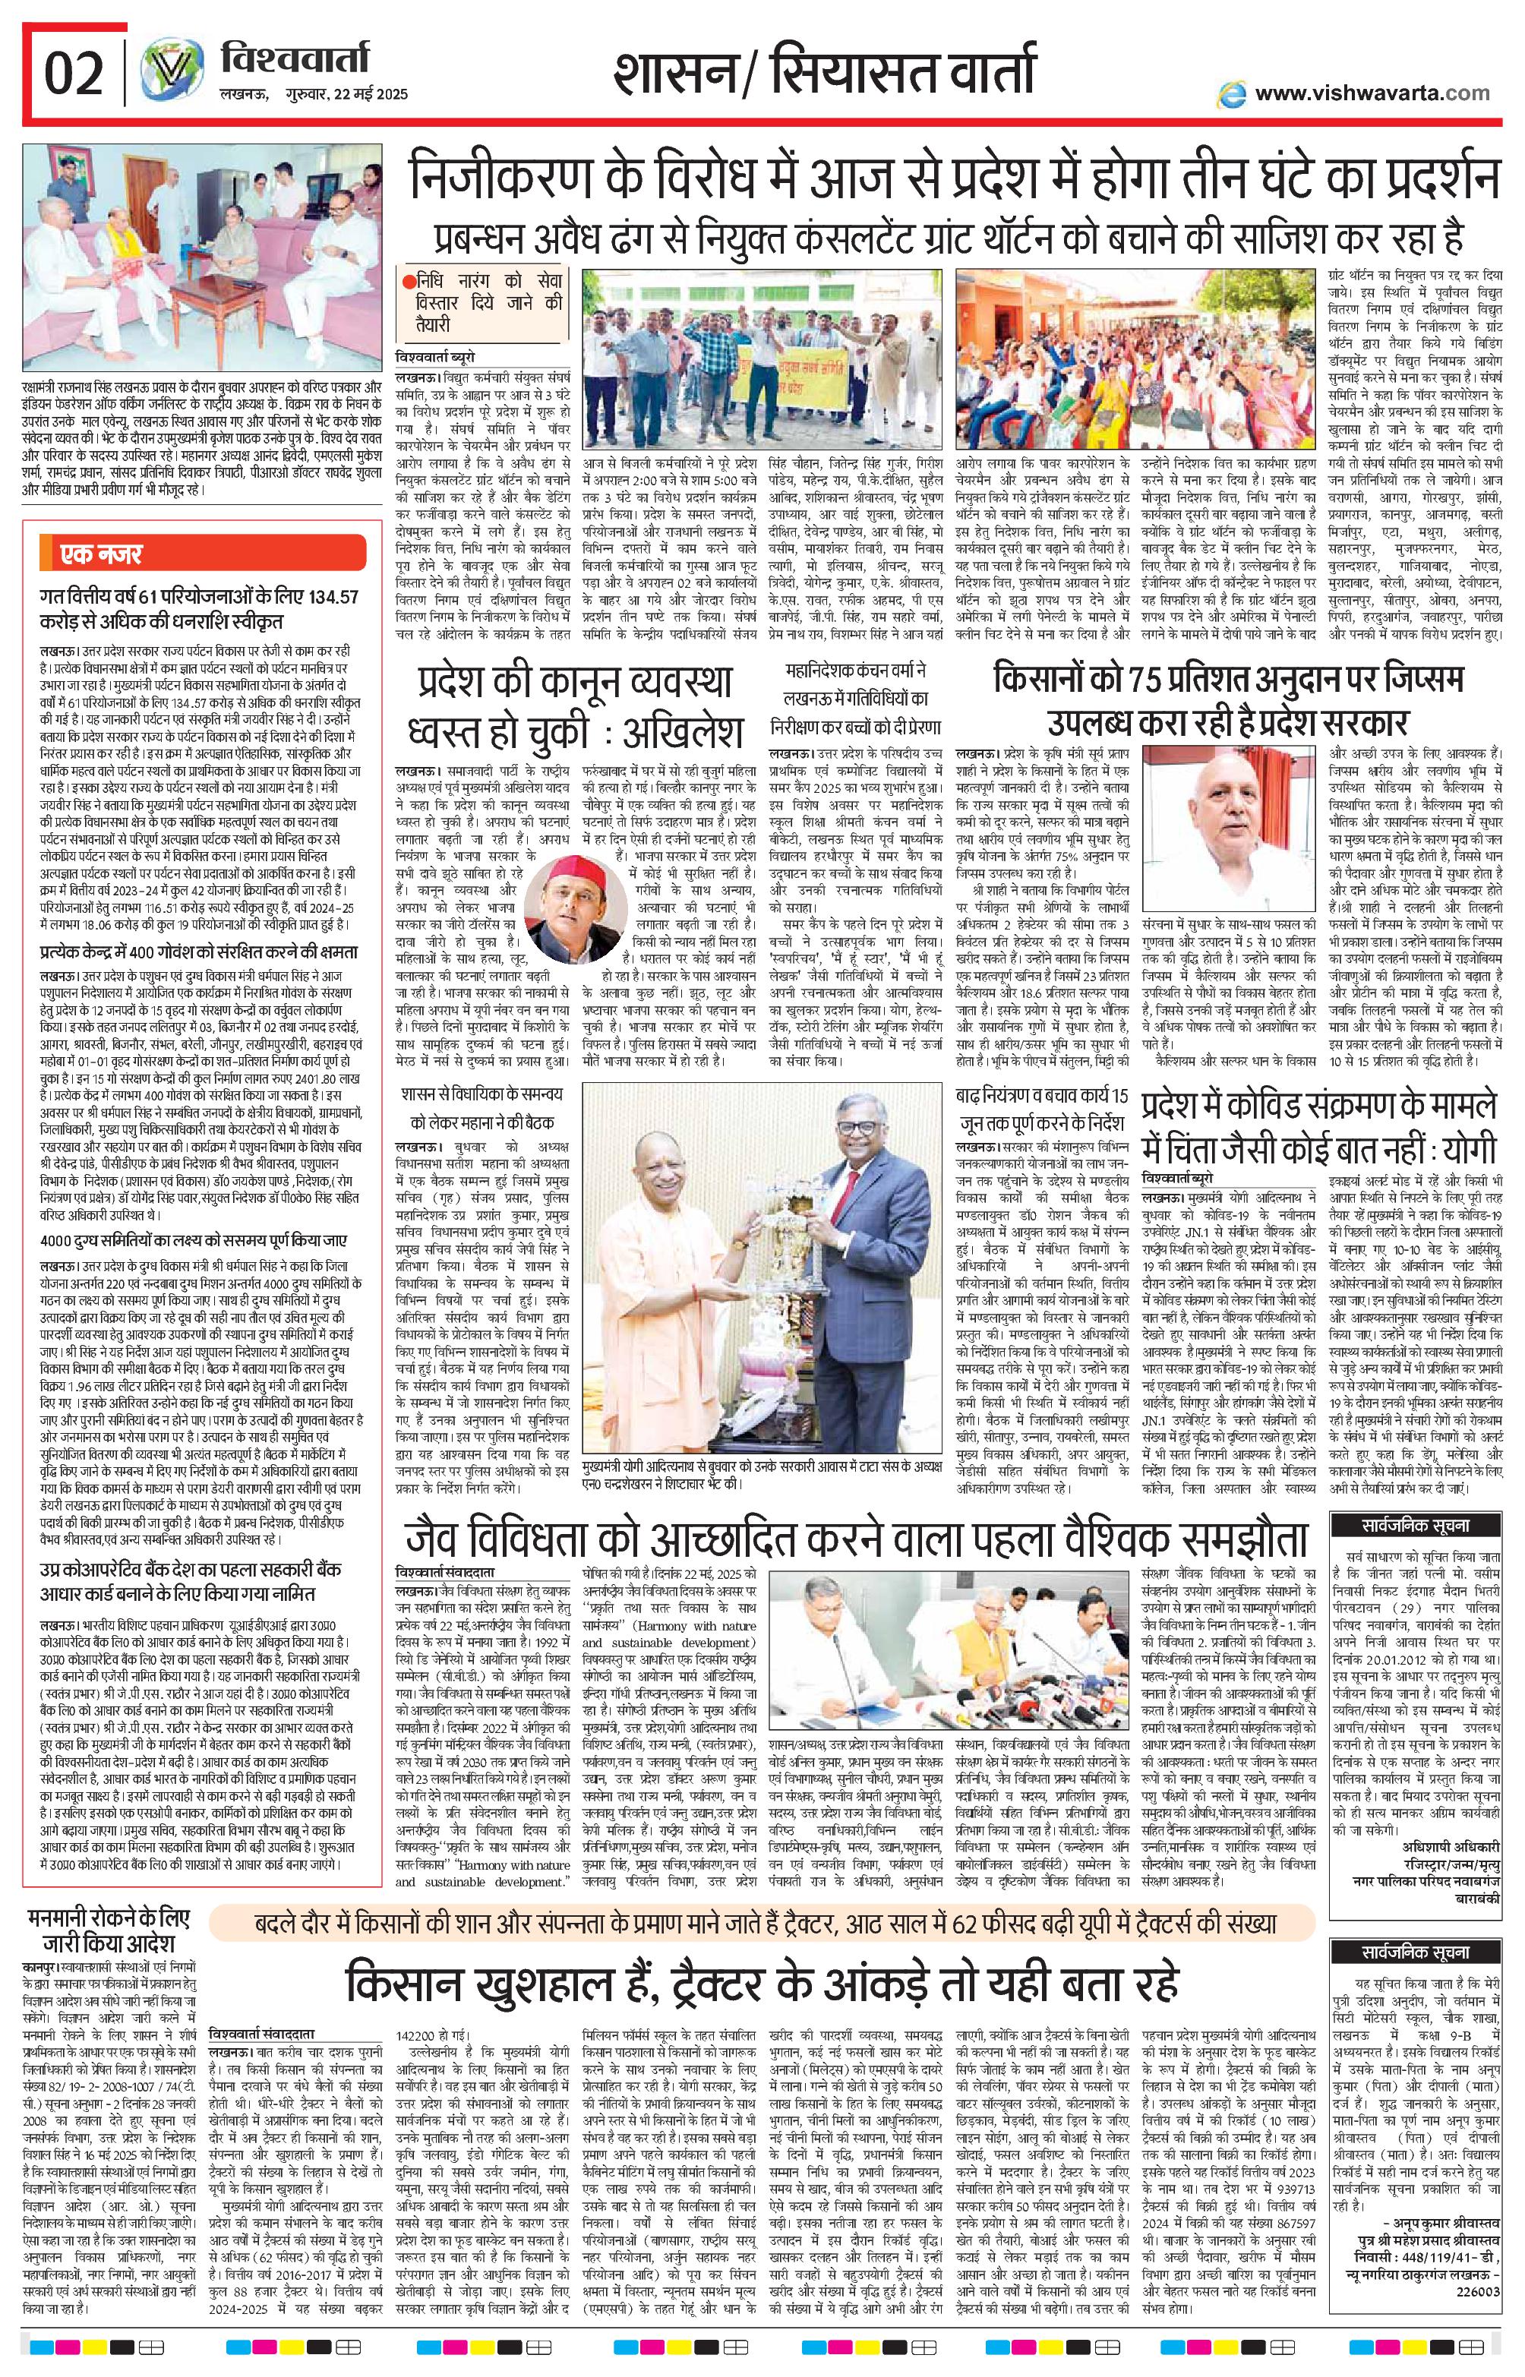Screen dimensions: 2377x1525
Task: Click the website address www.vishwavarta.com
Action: (1372, 93)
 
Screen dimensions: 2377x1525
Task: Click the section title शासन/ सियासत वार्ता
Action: (825, 74)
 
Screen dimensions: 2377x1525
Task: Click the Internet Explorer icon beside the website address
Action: (1232, 93)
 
